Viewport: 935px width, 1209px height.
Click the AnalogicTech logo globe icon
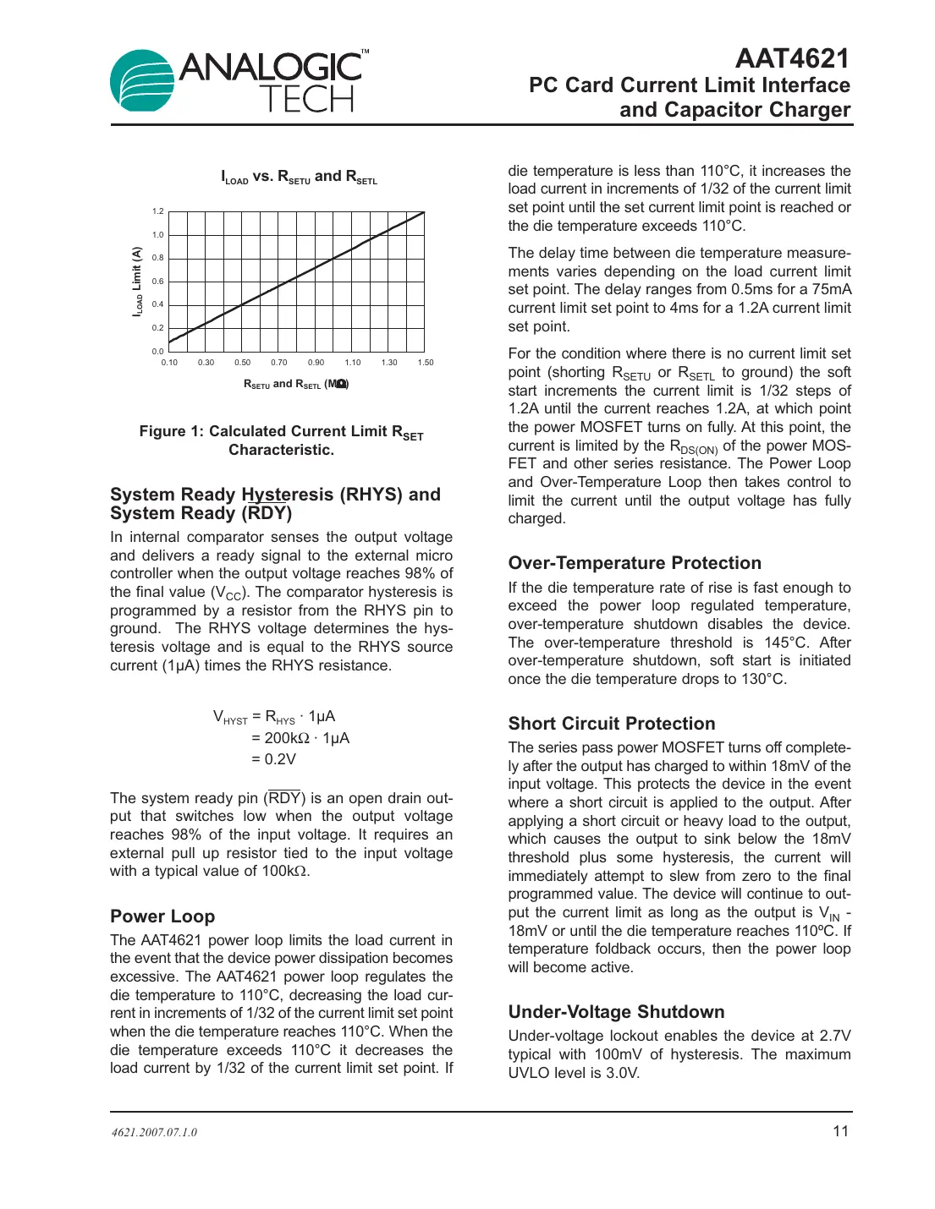[x=142, y=80]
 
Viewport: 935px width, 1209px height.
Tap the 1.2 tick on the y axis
[x=158, y=211]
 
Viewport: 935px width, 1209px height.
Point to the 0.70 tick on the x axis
[x=279, y=363]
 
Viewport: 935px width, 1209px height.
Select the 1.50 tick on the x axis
[x=425, y=363]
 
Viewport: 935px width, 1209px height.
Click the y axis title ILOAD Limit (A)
[x=137, y=282]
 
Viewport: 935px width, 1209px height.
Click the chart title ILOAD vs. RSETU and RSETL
[x=299, y=177]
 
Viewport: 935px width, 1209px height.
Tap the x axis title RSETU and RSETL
[x=295, y=384]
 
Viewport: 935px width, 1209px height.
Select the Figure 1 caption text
[x=281, y=440]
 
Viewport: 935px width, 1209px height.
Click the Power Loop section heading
[x=162, y=916]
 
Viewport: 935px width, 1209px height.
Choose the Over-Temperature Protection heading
[x=635, y=563]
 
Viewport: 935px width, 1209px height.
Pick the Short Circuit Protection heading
[x=612, y=724]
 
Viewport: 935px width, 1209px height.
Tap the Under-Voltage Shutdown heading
[x=616, y=1012]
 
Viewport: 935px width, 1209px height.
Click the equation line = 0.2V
[x=273, y=759]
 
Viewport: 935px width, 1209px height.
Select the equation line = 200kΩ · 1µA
[x=300, y=738]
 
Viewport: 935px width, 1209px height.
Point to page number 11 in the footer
[x=840, y=1131]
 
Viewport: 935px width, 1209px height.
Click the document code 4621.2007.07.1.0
[x=154, y=1133]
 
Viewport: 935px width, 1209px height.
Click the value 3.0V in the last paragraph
[x=622, y=1073]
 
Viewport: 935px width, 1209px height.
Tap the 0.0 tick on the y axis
[x=158, y=351]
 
